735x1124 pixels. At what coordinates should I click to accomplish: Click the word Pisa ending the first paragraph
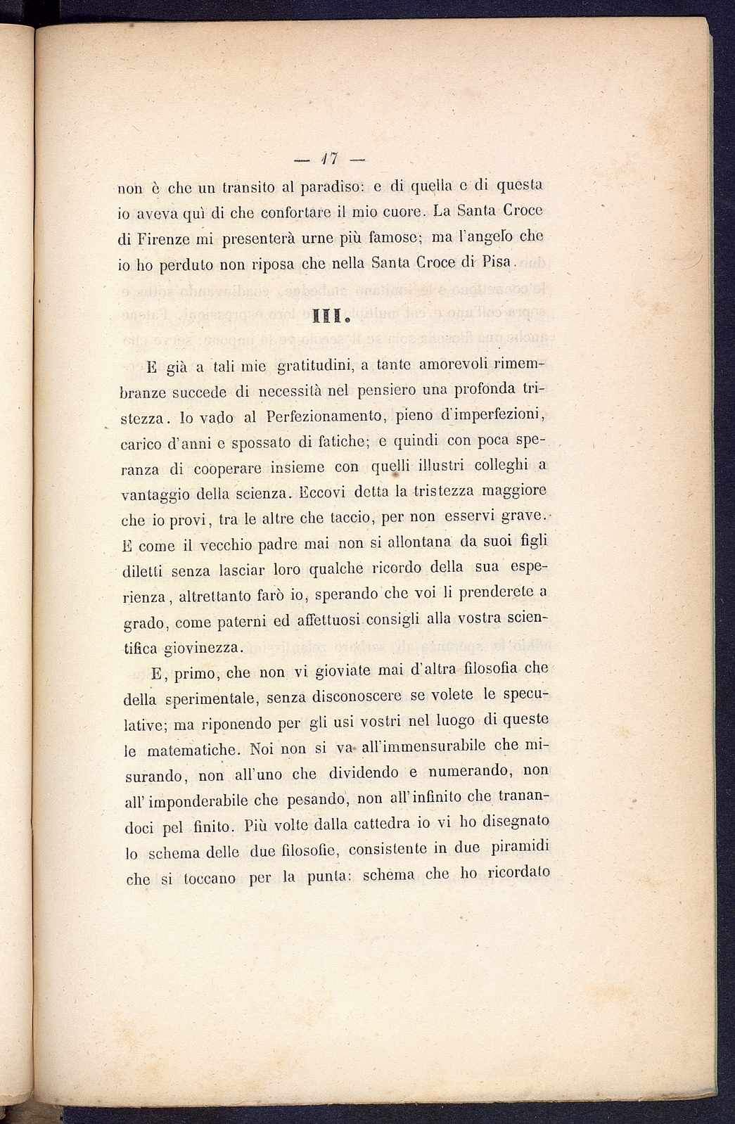coord(501,264)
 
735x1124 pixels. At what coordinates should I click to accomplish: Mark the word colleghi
coord(487,465)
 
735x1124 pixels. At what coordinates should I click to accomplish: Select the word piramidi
coord(518,848)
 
